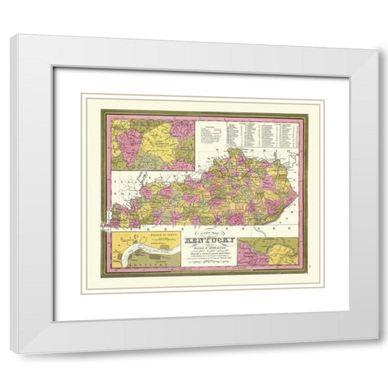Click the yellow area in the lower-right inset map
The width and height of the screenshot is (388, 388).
tap(279, 255)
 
